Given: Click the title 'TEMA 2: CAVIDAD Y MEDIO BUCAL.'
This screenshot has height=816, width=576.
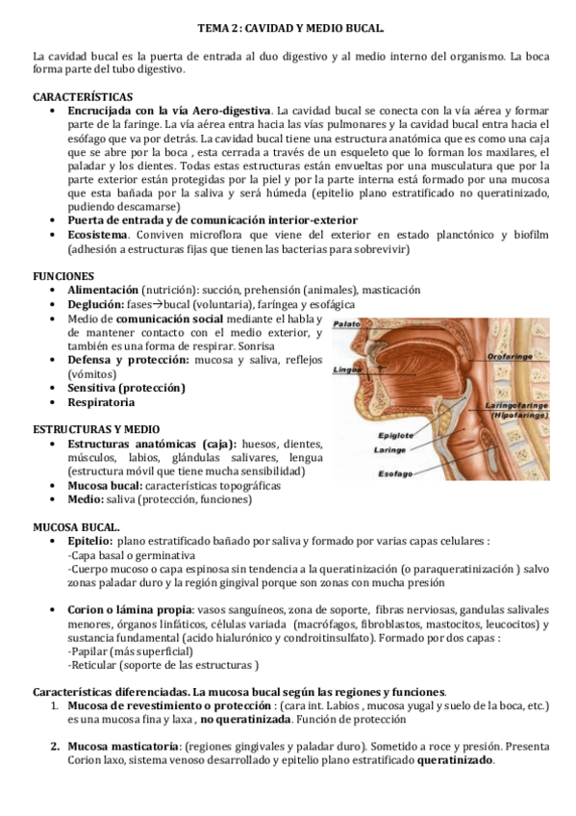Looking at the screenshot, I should (x=288, y=31).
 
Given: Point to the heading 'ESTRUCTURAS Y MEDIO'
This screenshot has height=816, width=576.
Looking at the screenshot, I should (x=96, y=428).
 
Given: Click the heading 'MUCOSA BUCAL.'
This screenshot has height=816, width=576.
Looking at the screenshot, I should (x=77, y=528).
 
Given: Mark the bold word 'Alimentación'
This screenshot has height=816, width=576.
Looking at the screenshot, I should (x=103, y=290).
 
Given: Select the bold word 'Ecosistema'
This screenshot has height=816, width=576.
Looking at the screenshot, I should (x=100, y=234).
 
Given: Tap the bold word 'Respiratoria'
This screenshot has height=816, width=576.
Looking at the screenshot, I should (x=102, y=401).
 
